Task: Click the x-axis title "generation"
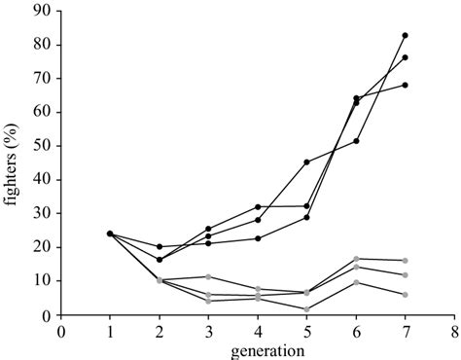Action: coord(258,349)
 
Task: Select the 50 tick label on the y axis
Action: coord(44,146)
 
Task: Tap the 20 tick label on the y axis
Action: coord(44,247)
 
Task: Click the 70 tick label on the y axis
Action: coord(44,79)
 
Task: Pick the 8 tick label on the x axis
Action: coord(454,330)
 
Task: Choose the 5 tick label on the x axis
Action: coord(306,330)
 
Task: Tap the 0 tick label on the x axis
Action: coord(60,330)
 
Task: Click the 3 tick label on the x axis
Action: coord(208,330)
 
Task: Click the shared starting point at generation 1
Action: coord(110,234)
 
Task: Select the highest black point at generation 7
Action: coord(405,35)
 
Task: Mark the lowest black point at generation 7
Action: coord(405,85)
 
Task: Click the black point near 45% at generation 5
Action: coord(306,162)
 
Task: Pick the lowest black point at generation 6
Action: coord(356,141)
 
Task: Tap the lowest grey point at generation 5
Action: coord(306,309)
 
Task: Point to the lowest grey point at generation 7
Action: coord(405,295)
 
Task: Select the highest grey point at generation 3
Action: coord(208,276)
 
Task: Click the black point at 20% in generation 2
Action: coord(160,246)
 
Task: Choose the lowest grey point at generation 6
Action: coord(356,282)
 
